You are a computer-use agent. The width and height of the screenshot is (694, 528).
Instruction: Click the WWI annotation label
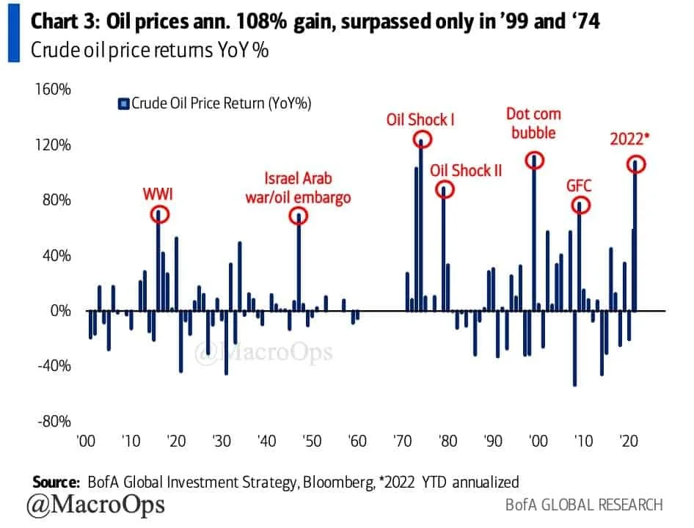[159, 194]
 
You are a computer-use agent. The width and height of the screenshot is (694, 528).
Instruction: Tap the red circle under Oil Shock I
[421, 139]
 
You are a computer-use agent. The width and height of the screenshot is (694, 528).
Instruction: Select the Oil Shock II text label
[466, 170]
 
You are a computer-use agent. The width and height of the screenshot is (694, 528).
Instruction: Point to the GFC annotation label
[579, 185]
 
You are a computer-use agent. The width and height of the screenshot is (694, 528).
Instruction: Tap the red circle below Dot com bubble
[534, 160]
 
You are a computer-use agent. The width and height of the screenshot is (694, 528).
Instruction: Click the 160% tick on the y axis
[53, 89]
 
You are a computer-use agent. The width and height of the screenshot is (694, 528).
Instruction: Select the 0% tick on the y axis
[61, 311]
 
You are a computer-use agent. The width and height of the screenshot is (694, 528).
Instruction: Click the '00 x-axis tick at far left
[86, 442]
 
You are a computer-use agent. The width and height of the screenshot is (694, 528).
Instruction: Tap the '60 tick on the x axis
[358, 442]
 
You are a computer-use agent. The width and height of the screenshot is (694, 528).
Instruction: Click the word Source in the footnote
[55, 482]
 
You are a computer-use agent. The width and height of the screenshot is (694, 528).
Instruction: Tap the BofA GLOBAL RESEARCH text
[584, 505]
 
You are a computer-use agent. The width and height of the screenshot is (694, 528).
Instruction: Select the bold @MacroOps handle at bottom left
[95, 505]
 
